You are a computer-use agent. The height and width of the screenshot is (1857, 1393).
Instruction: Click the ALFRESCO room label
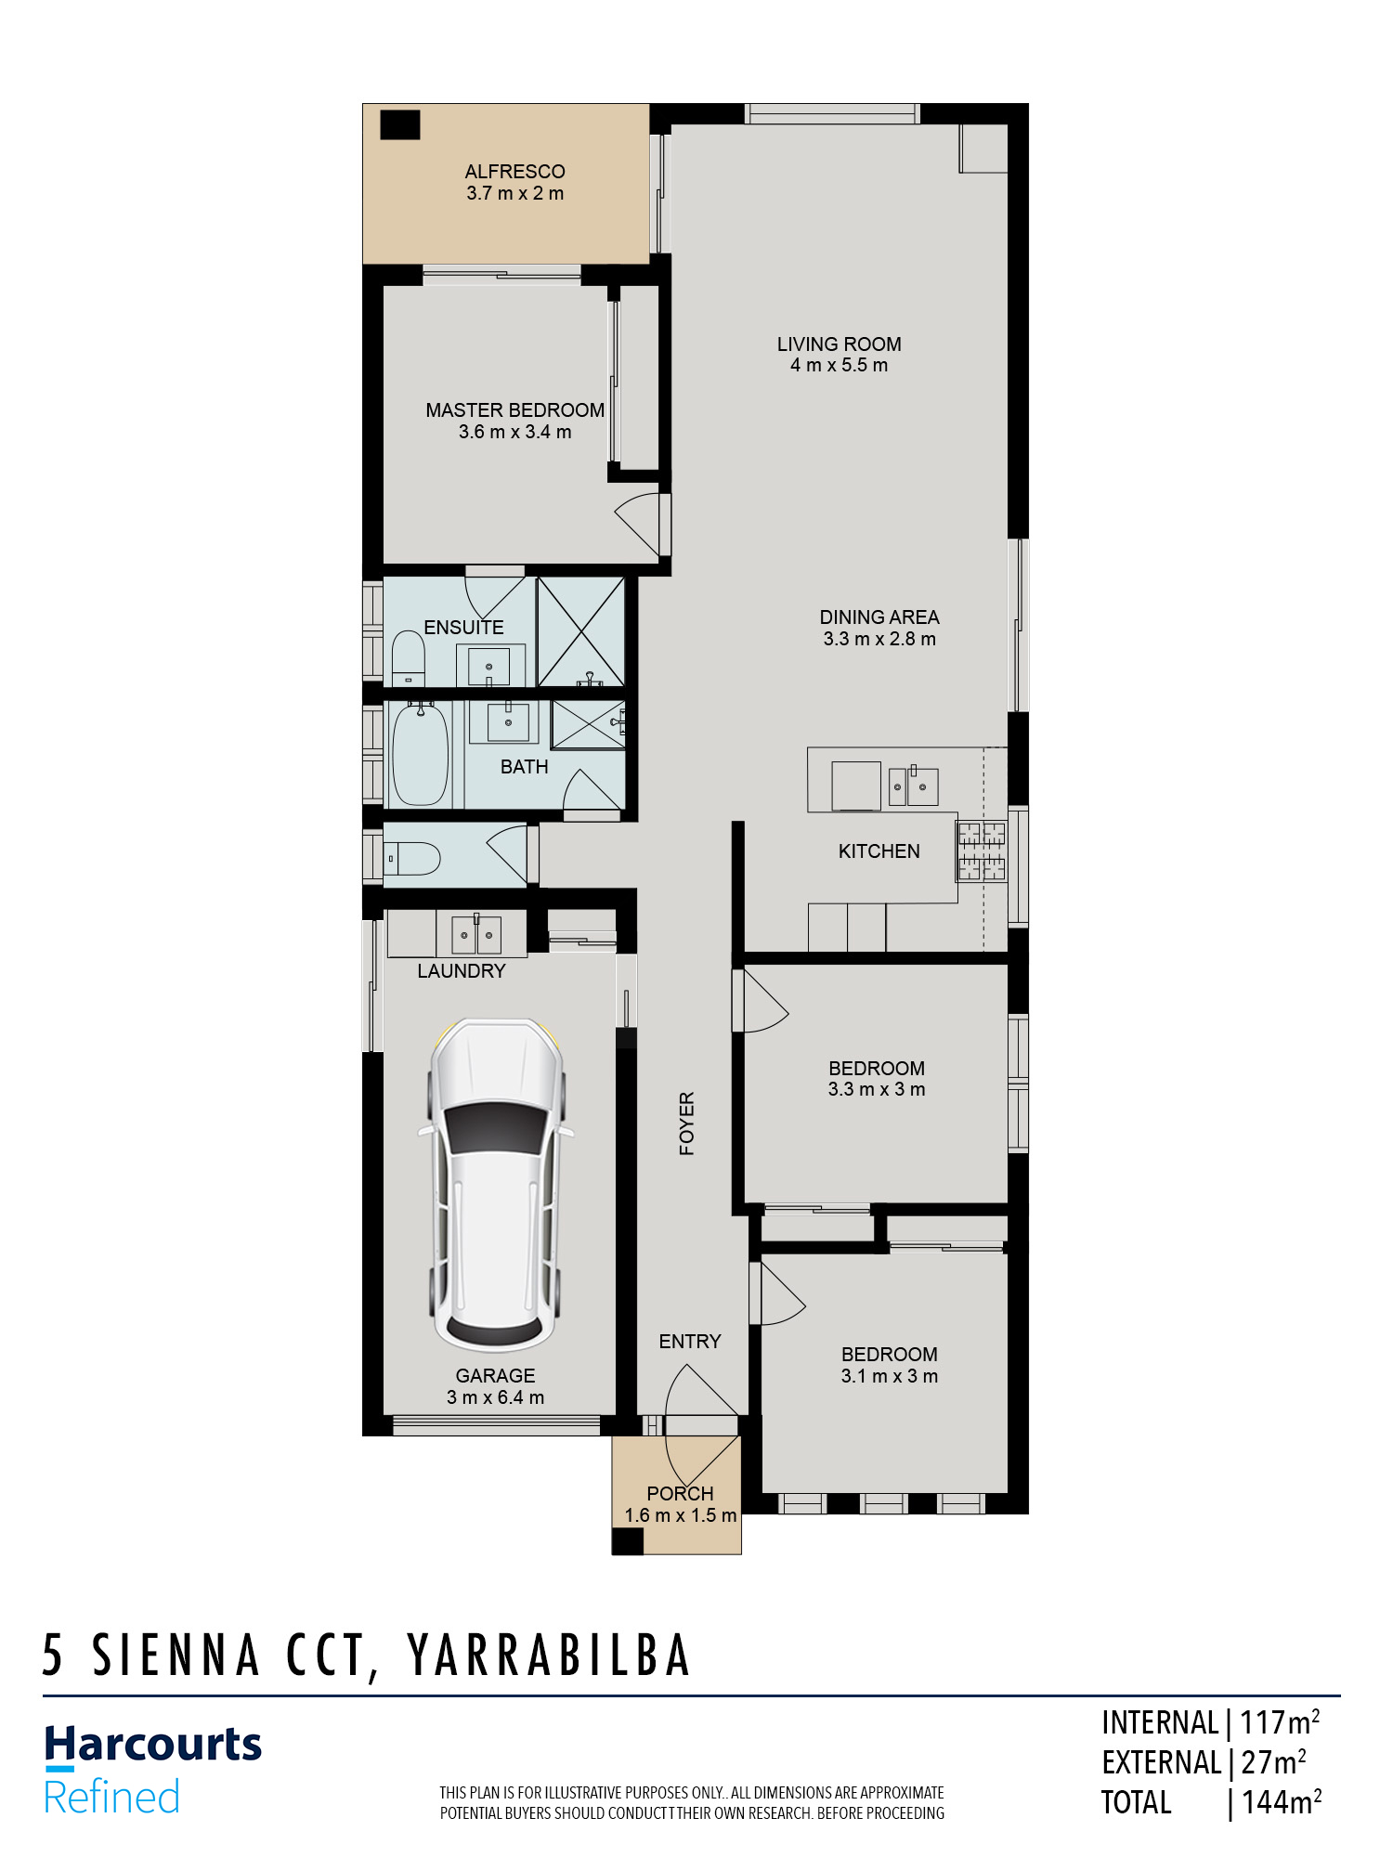coord(514,172)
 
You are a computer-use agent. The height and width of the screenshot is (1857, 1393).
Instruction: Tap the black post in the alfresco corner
coord(400,124)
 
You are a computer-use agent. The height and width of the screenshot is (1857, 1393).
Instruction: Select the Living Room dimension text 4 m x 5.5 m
coord(839,366)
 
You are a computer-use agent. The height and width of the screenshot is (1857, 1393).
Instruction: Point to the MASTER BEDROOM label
coord(514,410)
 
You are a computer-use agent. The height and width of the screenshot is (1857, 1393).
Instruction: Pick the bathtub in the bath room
coord(420,754)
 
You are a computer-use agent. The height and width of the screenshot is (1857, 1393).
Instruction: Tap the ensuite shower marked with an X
coord(580,631)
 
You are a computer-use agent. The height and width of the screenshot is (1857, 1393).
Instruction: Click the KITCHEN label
coord(879,851)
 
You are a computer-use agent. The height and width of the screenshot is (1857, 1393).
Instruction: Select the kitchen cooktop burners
coord(982,851)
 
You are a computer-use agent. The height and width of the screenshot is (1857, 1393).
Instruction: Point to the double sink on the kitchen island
coord(913,786)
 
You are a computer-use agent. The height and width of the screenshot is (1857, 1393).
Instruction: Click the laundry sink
coord(475,935)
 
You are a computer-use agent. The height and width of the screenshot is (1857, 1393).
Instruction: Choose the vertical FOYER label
coord(687,1123)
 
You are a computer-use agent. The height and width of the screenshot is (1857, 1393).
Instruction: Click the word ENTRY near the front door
coord(690,1342)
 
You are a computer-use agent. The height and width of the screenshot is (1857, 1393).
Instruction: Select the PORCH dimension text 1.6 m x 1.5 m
coord(681,1515)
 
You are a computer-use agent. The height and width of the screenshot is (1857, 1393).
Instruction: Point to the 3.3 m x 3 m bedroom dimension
coord(877,1089)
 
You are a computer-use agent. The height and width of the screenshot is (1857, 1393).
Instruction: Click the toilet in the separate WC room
coord(412,859)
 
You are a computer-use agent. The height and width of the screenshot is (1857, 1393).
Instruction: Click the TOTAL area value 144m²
coord(1282,1802)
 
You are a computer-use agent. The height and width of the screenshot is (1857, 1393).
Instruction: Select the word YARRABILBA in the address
coord(549,1656)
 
